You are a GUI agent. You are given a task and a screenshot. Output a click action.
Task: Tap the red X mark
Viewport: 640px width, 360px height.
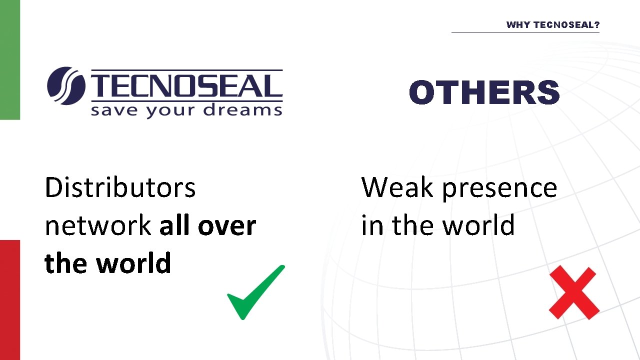click(x=573, y=293)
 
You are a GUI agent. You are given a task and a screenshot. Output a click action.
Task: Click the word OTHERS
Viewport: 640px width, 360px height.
click(x=484, y=92)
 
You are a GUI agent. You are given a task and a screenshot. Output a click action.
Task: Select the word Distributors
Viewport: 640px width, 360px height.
click(x=120, y=187)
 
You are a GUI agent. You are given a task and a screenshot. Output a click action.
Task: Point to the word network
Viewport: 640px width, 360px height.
click(x=98, y=226)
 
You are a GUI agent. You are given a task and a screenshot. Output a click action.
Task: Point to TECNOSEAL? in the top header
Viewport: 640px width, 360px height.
click(x=566, y=25)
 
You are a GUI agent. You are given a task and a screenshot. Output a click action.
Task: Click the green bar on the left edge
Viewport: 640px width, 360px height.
click(x=9, y=60)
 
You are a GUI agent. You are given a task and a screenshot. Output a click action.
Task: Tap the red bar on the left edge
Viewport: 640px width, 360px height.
click(x=9, y=300)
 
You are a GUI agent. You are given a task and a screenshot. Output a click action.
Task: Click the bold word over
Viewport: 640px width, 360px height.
click(x=227, y=226)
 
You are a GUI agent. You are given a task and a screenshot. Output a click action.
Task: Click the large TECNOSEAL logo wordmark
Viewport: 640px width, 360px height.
click(x=184, y=86)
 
